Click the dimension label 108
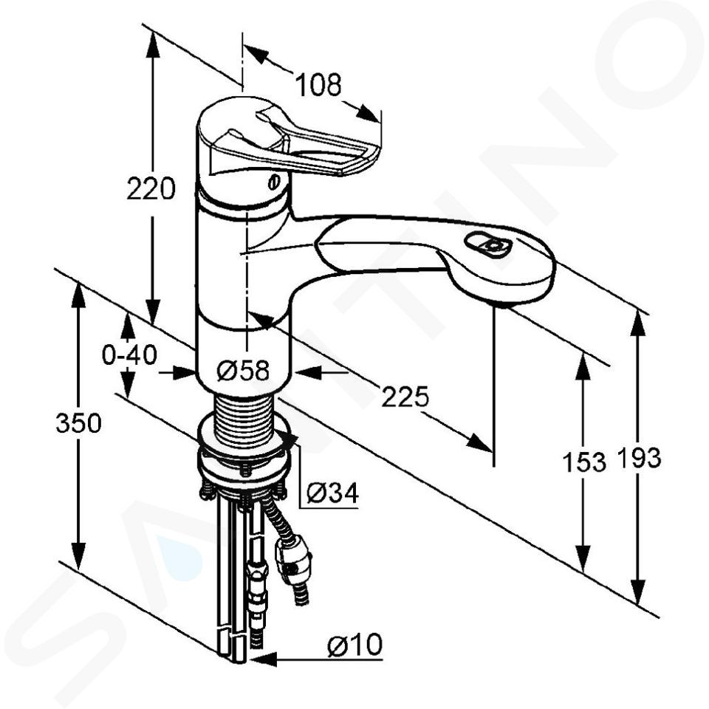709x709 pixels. (x=318, y=84)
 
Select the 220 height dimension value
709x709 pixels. (x=151, y=189)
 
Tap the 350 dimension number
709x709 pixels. (x=79, y=424)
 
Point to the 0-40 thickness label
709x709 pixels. (x=129, y=354)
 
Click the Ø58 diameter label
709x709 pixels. (x=243, y=370)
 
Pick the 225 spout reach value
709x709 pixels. (x=405, y=397)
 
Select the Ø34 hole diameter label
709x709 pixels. (x=332, y=493)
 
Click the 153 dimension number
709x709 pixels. (x=583, y=462)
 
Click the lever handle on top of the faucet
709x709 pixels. (x=293, y=142)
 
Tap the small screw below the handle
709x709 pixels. (x=273, y=182)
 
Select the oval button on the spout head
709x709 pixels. (x=488, y=244)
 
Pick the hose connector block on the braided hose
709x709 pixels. (x=293, y=559)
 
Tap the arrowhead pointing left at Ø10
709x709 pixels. (x=263, y=659)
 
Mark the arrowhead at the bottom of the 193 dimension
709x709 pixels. (x=637, y=592)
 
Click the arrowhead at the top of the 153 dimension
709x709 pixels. (x=583, y=366)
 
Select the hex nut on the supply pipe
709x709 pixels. (x=256, y=577)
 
